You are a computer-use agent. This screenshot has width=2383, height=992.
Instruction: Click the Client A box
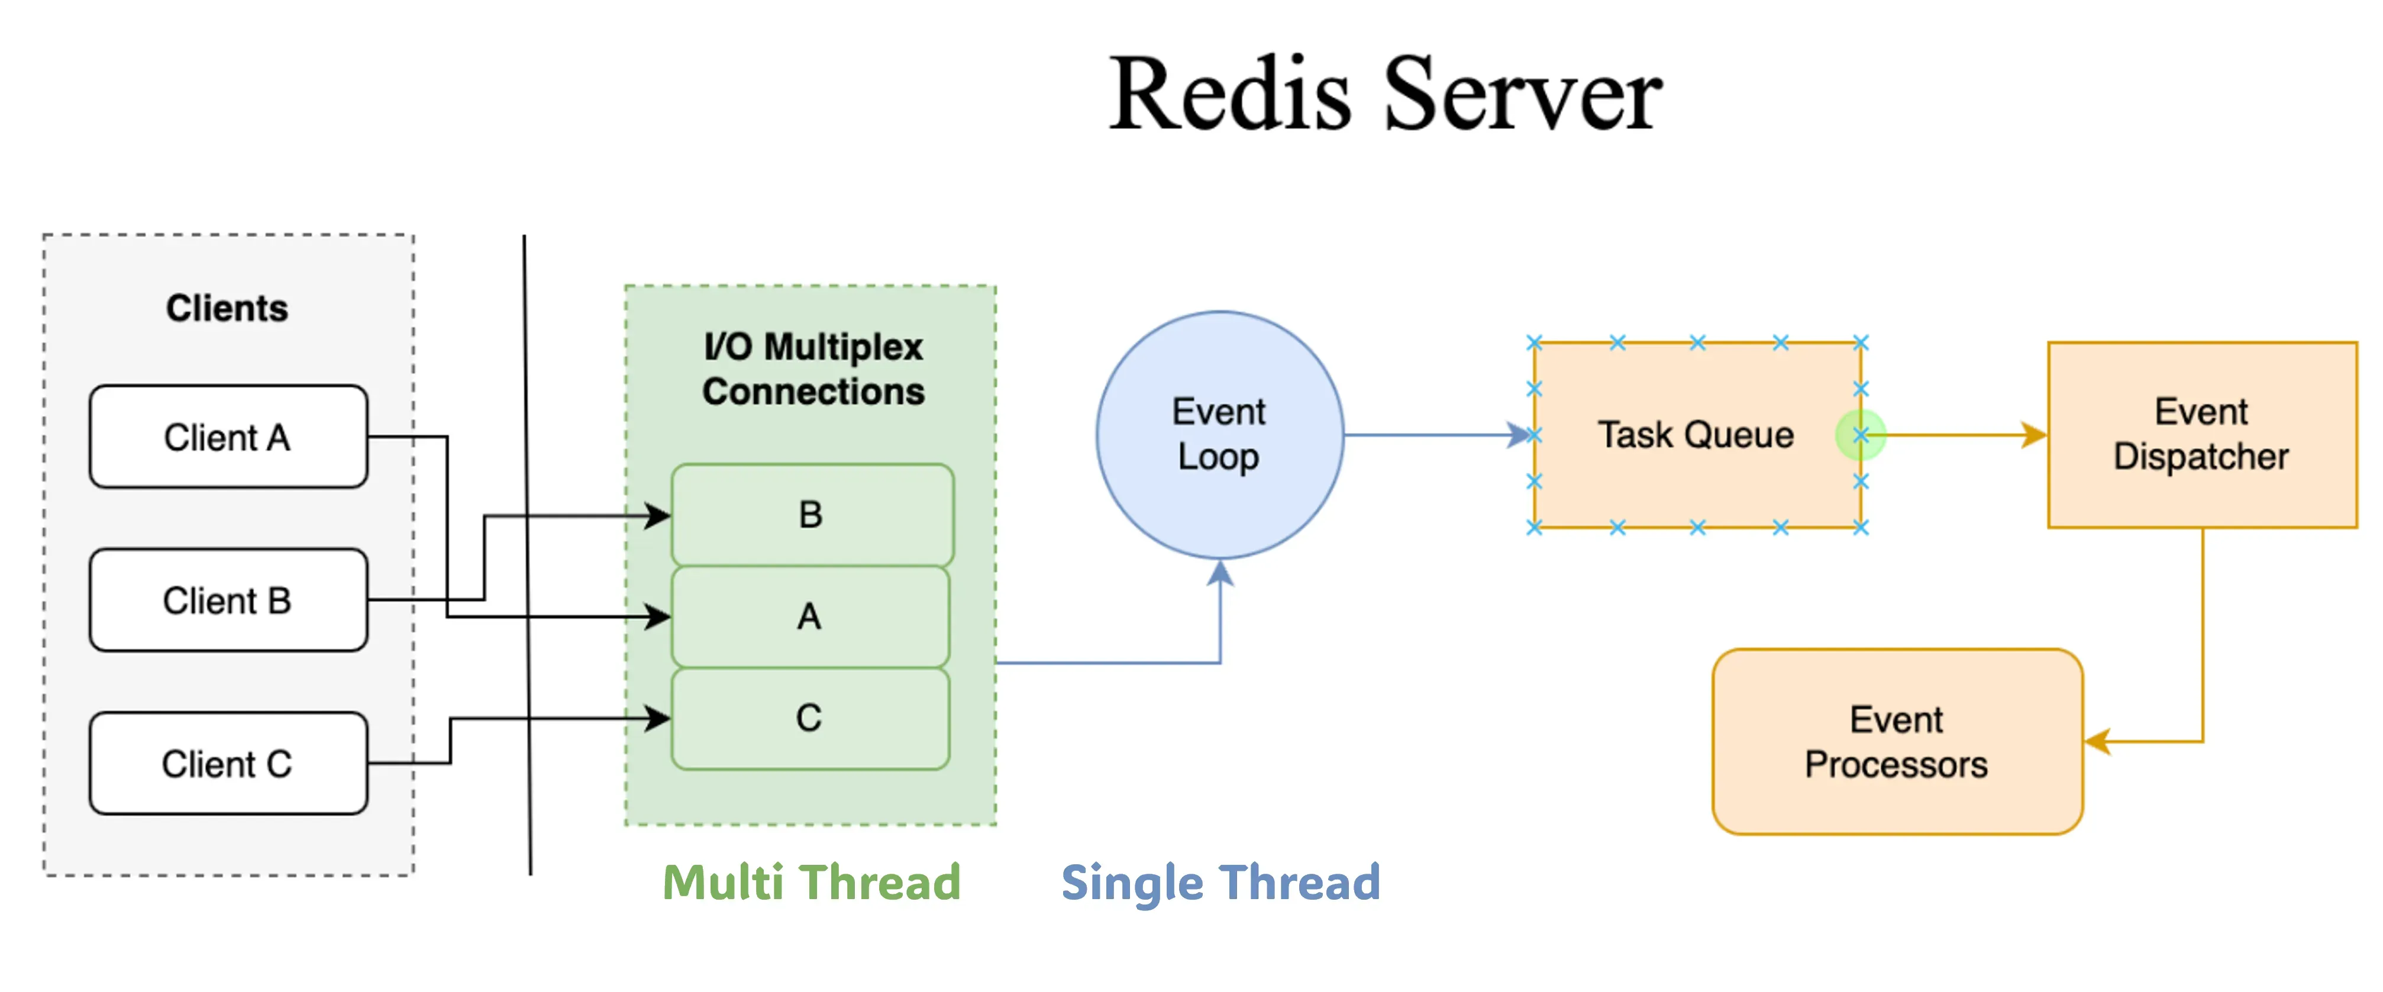click(x=228, y=437)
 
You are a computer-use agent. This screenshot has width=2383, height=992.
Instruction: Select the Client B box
click(x=228, y=600)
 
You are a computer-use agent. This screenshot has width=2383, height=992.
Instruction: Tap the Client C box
click(x=228, y=764)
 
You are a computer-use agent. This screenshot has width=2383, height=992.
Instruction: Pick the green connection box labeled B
click(x=811, y=515)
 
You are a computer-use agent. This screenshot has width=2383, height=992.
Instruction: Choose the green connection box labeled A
click(x=809, y=616)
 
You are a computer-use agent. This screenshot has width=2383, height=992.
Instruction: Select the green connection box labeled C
click(x=809, y=718)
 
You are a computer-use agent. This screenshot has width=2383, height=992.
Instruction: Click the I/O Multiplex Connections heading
click(x=813, y=369)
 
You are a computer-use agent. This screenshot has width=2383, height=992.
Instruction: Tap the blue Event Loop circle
click(x=1219, y=434)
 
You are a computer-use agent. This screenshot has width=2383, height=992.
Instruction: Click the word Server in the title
click(x=1522, y=95)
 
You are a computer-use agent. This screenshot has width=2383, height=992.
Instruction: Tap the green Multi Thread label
click(x=811, y=882)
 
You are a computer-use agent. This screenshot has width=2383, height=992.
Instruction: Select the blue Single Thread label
click(x=1220, y=882)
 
